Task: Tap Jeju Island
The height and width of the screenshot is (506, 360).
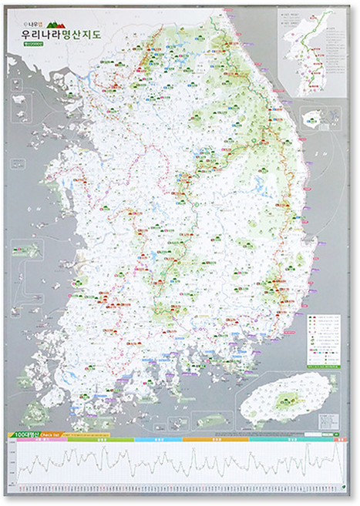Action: click(x=289, y=399)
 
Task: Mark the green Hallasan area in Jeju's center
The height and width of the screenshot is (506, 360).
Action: click(x=290, y=398)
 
